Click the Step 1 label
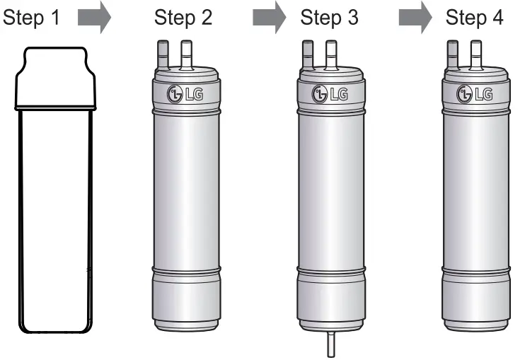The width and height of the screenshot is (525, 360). pyautogui.click(x=33, y=18)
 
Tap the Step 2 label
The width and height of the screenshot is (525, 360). pyautogui.click(x=183, y=18)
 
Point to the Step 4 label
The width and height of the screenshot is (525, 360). pyautogui.click(x=475, y=18)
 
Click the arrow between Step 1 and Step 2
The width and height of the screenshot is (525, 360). pyautogui.click(x=93, y=18)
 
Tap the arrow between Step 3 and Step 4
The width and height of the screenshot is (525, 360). pyautogui.click(x=415, y=18)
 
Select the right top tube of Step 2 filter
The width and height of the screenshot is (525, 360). pyautogui.click(x=187, y=55)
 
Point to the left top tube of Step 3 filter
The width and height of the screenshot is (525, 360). pyautogui.click(x=308, y=55)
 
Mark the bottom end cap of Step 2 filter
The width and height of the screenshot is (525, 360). pyautogui.click(x=185, y=304)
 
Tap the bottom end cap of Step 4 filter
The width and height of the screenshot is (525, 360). pyautogui.click(x=475, y=304)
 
